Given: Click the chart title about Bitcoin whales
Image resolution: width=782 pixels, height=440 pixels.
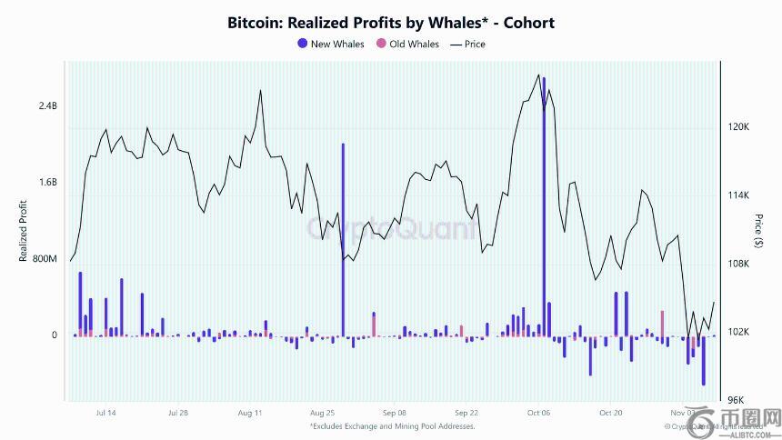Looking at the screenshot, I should pos(391,23).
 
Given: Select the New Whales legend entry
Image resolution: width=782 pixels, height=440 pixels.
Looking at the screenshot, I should pos(331,44).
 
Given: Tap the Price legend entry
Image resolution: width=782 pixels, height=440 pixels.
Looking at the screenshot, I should pos(468,44).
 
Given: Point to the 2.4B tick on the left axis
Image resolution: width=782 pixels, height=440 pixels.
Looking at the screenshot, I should pos(47,106).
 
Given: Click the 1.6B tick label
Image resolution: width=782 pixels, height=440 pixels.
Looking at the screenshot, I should pos(47,182).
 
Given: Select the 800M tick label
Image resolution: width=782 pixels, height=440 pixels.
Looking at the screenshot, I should pos(45,259).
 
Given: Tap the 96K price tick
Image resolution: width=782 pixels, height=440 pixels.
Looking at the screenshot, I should pos(736,400).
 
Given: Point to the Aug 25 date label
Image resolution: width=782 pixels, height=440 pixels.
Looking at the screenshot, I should pos(323,413).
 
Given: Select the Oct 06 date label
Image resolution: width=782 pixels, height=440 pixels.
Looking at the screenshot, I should pos(539,413).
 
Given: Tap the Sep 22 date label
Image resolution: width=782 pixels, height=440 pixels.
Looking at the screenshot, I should pos(466,413).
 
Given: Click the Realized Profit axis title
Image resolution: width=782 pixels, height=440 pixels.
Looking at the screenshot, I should pos(24,232).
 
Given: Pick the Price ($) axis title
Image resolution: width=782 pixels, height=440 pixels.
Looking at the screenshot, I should pos(758,231).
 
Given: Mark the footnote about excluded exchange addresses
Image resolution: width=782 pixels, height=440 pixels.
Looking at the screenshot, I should pos(392,425).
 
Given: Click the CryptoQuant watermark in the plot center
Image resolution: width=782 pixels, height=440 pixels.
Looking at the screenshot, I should pos(391,228).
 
